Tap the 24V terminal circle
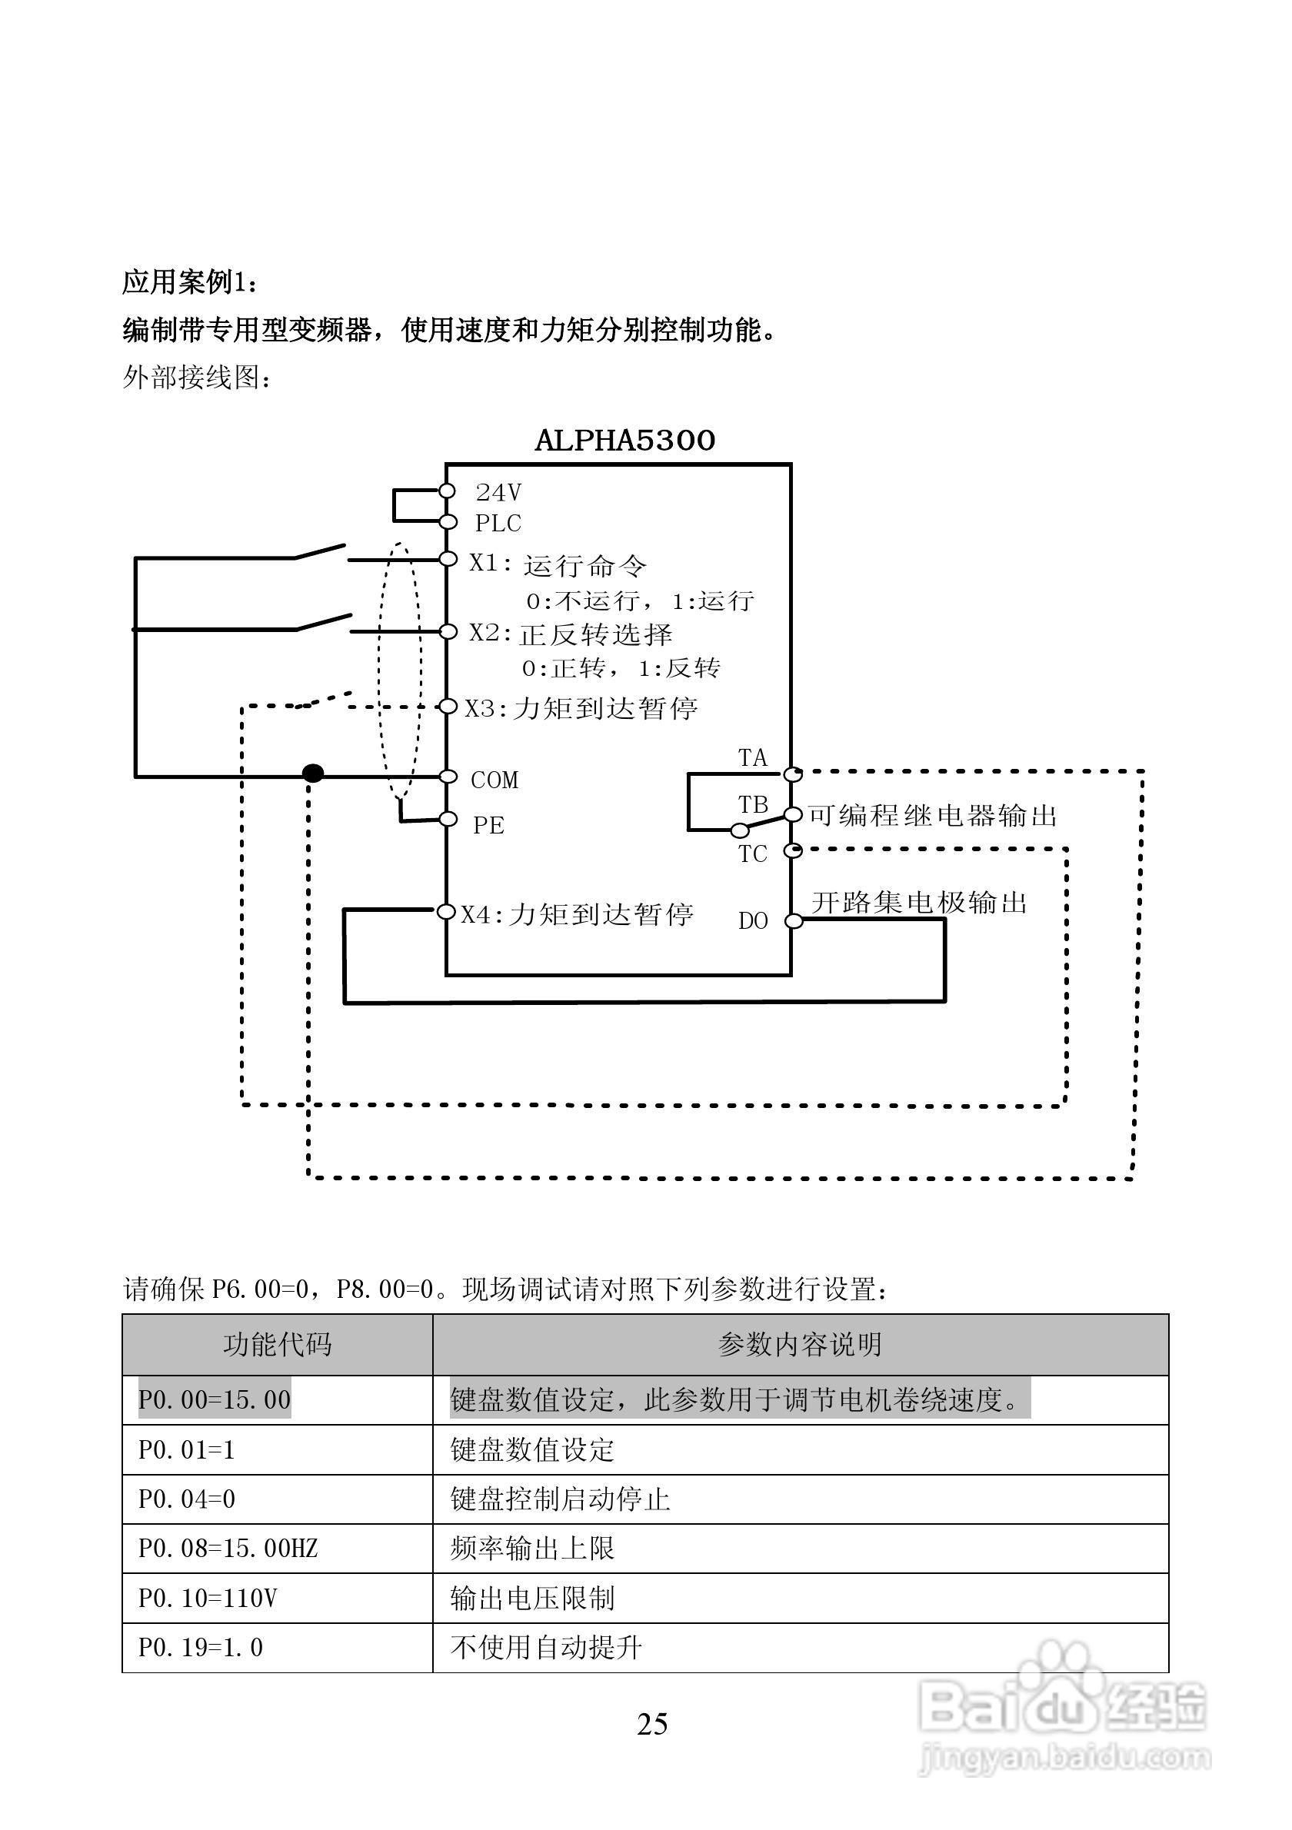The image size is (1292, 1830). pos(447,491)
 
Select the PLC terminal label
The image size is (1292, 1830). pos(498,524)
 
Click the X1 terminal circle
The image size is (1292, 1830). pos(448,559)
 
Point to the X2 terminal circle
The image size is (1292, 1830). pos(448,632)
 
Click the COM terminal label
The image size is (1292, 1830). pos(494,780)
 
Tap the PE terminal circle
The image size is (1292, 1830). pos(448,820)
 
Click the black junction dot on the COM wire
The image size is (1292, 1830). pos(313,773)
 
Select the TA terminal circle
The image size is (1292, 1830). pos(791,774)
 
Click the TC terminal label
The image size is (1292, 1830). pos(752,854)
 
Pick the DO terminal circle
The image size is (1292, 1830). pos(793,921)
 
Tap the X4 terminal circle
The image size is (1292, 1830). pos(445,911)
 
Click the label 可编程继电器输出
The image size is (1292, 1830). pos(933,815)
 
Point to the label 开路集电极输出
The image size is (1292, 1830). pos(919,903)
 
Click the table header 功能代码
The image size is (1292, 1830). pos(277,1345)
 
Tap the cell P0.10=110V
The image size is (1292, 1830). pos(208,1598)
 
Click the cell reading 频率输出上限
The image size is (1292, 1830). pos(532,1549)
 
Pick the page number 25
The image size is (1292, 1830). pos(652,1724)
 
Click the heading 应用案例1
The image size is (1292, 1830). pos(190,281)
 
